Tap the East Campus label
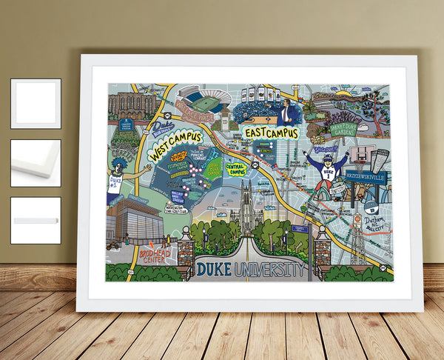pyautogui.click(x=271, y=133)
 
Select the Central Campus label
pyautogui.click(x=236, y=170)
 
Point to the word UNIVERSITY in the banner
pyautogui.click(x=269, y=269)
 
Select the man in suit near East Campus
pyautogui.click(x=285, y=113)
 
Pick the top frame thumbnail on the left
pyautogui.click(x=36, y=103)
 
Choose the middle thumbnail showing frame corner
pyautogui.click(x=36, y=162)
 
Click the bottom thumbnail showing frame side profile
pyautogui.click(x=36, y=220)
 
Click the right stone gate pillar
pyautogui.click(x=320, y=252)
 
